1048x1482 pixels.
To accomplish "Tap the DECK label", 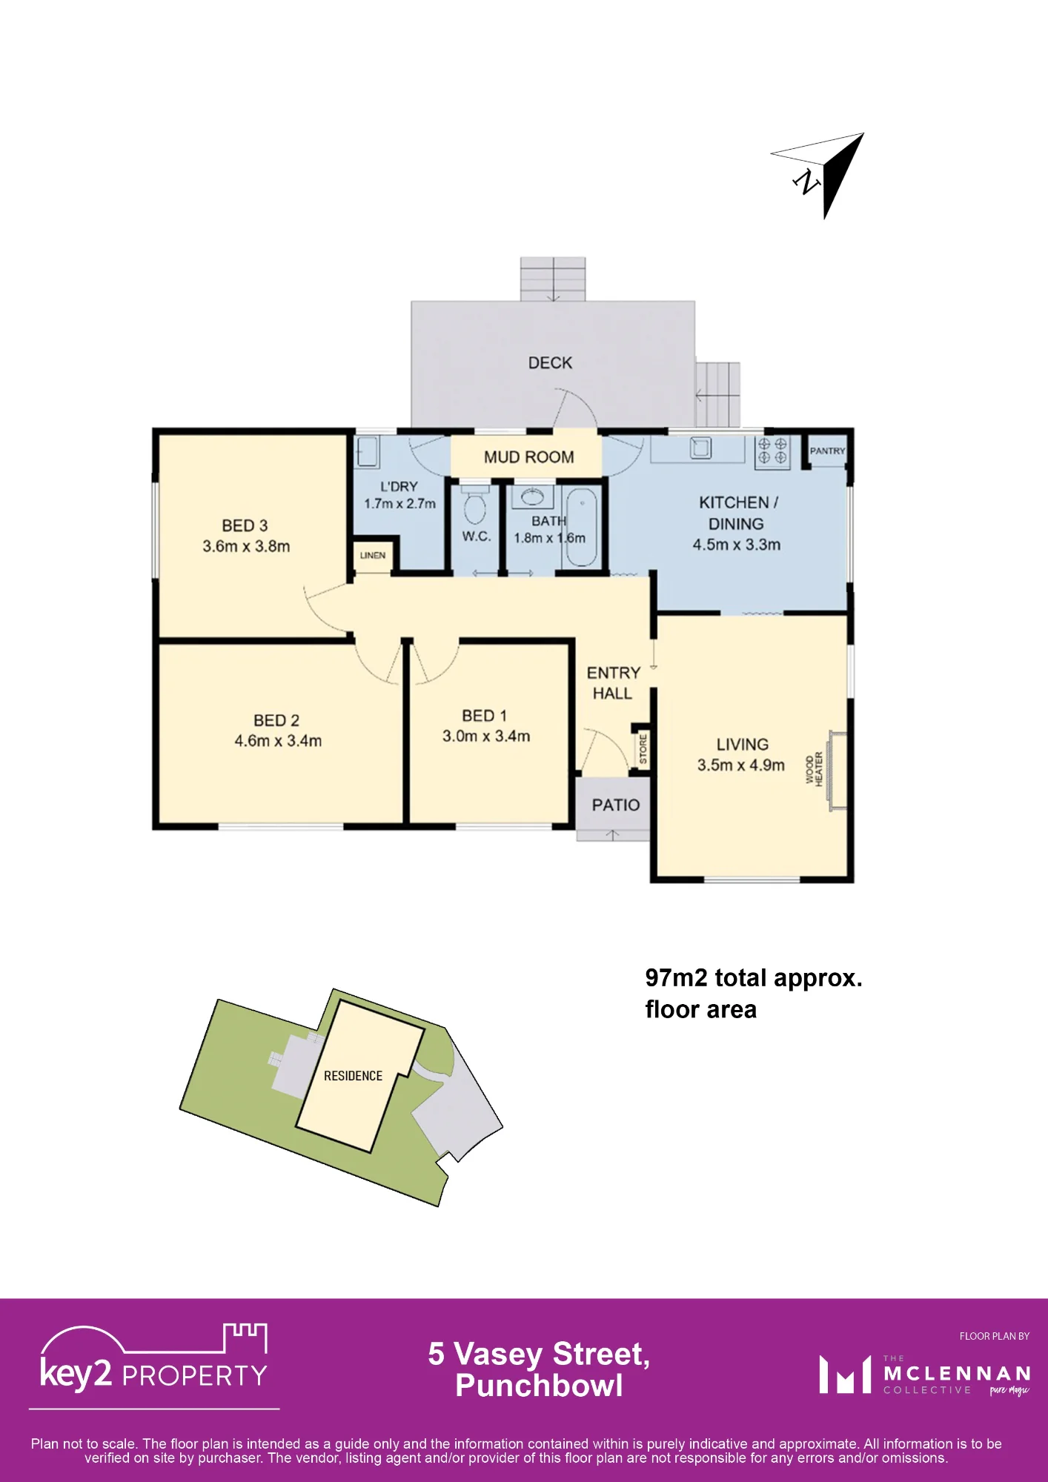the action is coord(550,363).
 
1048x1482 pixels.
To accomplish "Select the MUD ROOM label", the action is coord(528,457).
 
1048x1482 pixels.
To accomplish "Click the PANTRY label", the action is coord(827,451).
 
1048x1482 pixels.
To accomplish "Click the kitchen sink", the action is coord(700,448).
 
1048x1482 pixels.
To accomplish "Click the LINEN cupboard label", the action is coord(373,555).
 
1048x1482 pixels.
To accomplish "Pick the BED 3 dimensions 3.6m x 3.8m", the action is coord(246,546).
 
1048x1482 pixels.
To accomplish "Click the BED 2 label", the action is coord(276,720).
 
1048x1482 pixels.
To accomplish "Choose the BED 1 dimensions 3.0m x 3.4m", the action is coord(486,736).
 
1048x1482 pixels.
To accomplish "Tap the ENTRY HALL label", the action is coord(613,683).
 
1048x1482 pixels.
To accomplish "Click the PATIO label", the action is coord(616,805).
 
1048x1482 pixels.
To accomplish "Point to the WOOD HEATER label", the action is coord(814,769).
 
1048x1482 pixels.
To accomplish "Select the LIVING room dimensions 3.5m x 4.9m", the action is coord(741,765).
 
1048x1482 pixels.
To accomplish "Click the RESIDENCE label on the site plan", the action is coord(353,1076).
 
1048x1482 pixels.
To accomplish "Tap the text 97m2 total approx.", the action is coord(754,978).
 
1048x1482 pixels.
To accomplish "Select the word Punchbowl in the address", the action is coord(539,1386).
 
